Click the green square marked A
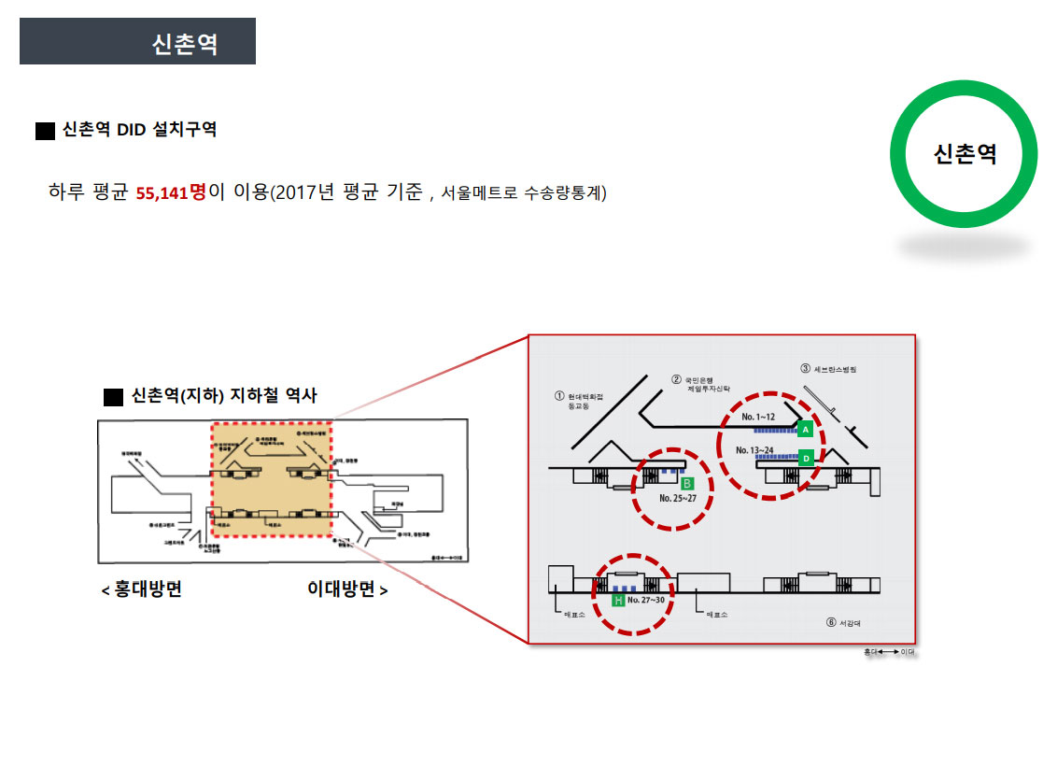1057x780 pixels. (x=805, y=429)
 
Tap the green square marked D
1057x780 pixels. (x=806, y=458)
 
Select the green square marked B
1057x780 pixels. (x=687, y=484)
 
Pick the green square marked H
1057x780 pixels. (x=617, y=601)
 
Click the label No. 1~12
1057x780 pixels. (x=758, y=417)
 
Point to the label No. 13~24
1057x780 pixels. (x=754, y=449)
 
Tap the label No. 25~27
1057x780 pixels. (x=679, y=499)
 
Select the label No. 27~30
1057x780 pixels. (x=646, y=601)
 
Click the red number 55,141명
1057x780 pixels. (x=171, y=192)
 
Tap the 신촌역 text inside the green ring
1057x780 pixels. (x=965, y=153)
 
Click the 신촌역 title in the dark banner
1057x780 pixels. (x=185, y=44)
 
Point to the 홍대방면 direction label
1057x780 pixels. (x=142, y=589)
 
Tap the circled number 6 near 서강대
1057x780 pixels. (x=830, y=623)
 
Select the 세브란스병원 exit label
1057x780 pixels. (x=835, y=369)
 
